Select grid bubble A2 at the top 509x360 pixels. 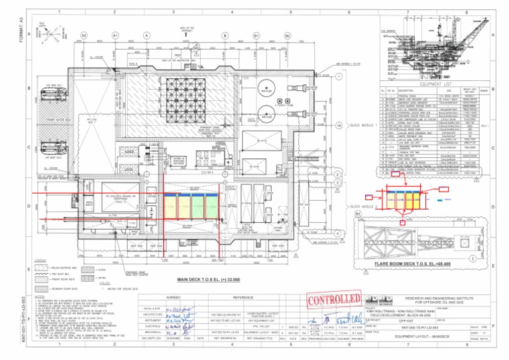coord(84,35)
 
